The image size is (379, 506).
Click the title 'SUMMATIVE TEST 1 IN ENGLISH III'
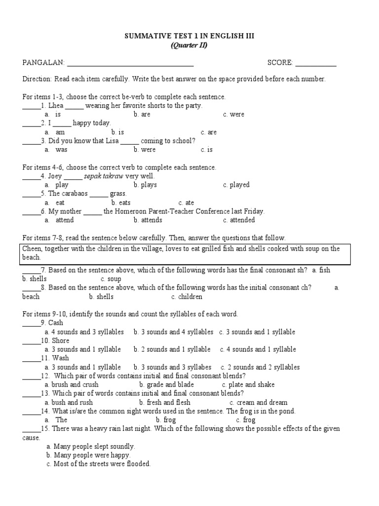click(189, 36)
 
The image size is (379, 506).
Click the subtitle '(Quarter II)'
click(189, 45)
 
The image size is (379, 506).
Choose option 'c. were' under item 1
click(233, 115)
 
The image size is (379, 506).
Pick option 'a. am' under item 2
click(55, 132)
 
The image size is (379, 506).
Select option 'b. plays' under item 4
click(145, 185)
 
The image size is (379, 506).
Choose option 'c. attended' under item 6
click(239, 220)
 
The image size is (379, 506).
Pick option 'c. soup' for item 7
click(111, 279)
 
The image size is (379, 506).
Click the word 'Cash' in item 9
click(56, 323)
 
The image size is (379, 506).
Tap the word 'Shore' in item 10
click(59, 341)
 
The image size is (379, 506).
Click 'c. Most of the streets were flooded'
click(99, 464)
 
